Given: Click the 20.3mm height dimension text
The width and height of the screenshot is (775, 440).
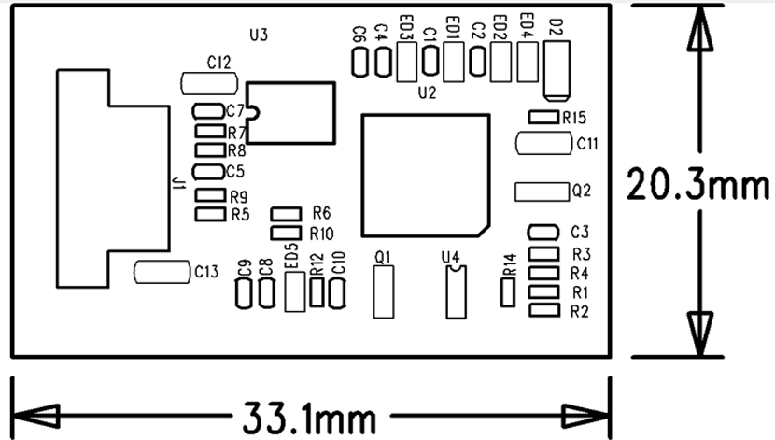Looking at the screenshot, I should point(690,184).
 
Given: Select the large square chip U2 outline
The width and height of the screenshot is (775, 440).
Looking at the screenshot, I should point(426,175).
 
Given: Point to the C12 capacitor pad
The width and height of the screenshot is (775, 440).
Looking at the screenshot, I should point(206,83).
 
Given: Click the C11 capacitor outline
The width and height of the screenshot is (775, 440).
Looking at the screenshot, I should point(543,144).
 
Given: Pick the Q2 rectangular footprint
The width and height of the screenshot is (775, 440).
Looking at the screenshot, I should point(542,191).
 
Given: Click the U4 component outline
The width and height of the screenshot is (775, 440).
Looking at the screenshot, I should point(455,291).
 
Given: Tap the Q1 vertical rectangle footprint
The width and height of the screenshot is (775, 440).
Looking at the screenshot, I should point(382,291).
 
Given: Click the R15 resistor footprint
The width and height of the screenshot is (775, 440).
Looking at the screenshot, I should point(543,117).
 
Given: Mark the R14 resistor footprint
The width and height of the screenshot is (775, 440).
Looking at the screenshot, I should point(508,291).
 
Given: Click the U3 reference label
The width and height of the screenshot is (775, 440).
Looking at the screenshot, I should point(259,35).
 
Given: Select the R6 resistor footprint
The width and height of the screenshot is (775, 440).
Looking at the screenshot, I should point(286,214).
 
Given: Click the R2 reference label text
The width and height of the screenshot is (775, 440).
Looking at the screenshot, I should point(580,310).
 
